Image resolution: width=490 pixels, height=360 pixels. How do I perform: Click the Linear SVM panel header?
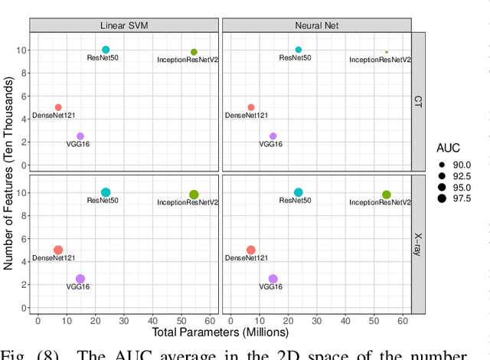[124, 25]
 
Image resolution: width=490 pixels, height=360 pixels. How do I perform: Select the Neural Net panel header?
[315, 25]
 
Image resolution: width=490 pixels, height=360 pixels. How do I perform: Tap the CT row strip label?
[417, 101]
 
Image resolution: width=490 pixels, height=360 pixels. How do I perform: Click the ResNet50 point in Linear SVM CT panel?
[106, 50]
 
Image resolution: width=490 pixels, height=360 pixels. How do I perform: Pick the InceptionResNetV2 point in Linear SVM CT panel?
[194, 52]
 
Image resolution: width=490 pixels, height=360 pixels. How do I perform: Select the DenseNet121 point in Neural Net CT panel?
[250, 107]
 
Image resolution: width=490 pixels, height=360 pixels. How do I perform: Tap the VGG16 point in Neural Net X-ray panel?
[273, 280]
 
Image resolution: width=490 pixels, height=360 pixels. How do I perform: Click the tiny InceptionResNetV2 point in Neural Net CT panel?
[387, 52]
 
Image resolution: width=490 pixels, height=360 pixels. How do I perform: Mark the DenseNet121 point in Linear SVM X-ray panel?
[58, 250]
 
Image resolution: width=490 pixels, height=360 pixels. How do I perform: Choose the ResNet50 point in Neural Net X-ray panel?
[299, 193]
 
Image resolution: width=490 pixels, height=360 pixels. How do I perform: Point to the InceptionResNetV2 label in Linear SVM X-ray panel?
[188, 203]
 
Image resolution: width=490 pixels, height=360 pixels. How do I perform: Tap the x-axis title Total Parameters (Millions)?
[220, 332]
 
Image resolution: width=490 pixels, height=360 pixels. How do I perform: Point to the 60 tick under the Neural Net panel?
[403, 319]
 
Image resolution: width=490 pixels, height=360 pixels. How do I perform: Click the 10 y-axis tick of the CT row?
[21, 50]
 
